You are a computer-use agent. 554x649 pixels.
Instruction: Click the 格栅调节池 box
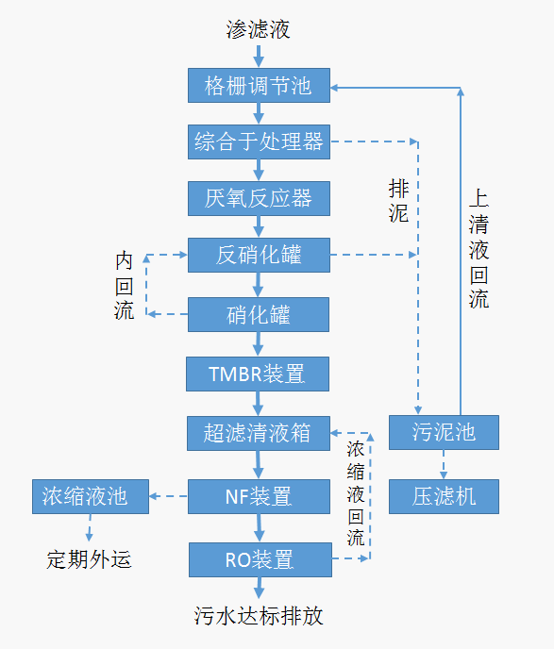click(259, 85)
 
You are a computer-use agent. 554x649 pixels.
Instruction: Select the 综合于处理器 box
click(259, 141)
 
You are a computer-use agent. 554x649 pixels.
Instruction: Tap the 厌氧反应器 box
click(259, 198)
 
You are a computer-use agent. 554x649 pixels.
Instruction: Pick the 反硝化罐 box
click(259, 255)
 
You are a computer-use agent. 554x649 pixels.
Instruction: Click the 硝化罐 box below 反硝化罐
click(259, 314)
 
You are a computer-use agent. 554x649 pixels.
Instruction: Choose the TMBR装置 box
click(258, 374)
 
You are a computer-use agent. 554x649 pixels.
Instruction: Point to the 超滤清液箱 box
click(259, 433)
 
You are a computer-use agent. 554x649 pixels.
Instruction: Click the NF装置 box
click(259, 497)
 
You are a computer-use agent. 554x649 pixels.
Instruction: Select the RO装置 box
click(260, 559)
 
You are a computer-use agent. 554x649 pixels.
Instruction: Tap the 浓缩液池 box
click(91, 497)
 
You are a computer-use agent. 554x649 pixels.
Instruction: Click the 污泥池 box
click(444, 433)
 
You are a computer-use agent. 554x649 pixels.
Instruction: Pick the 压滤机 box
click(444, 497)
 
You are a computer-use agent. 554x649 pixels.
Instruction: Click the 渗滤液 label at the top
click(258, 29)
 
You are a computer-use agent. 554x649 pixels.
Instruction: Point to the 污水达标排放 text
click(259, 616)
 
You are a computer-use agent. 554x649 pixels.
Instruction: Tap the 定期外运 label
click(89, 559)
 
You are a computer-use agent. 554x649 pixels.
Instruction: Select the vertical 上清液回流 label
click(479, 249)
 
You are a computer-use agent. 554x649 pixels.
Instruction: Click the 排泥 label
click(398, 201)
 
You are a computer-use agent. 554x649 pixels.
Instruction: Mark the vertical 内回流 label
click(125, 286)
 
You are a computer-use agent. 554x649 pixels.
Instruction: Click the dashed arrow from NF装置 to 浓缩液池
click(169, 496)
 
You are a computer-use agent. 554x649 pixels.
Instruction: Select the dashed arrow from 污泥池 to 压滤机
click(444, 464)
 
